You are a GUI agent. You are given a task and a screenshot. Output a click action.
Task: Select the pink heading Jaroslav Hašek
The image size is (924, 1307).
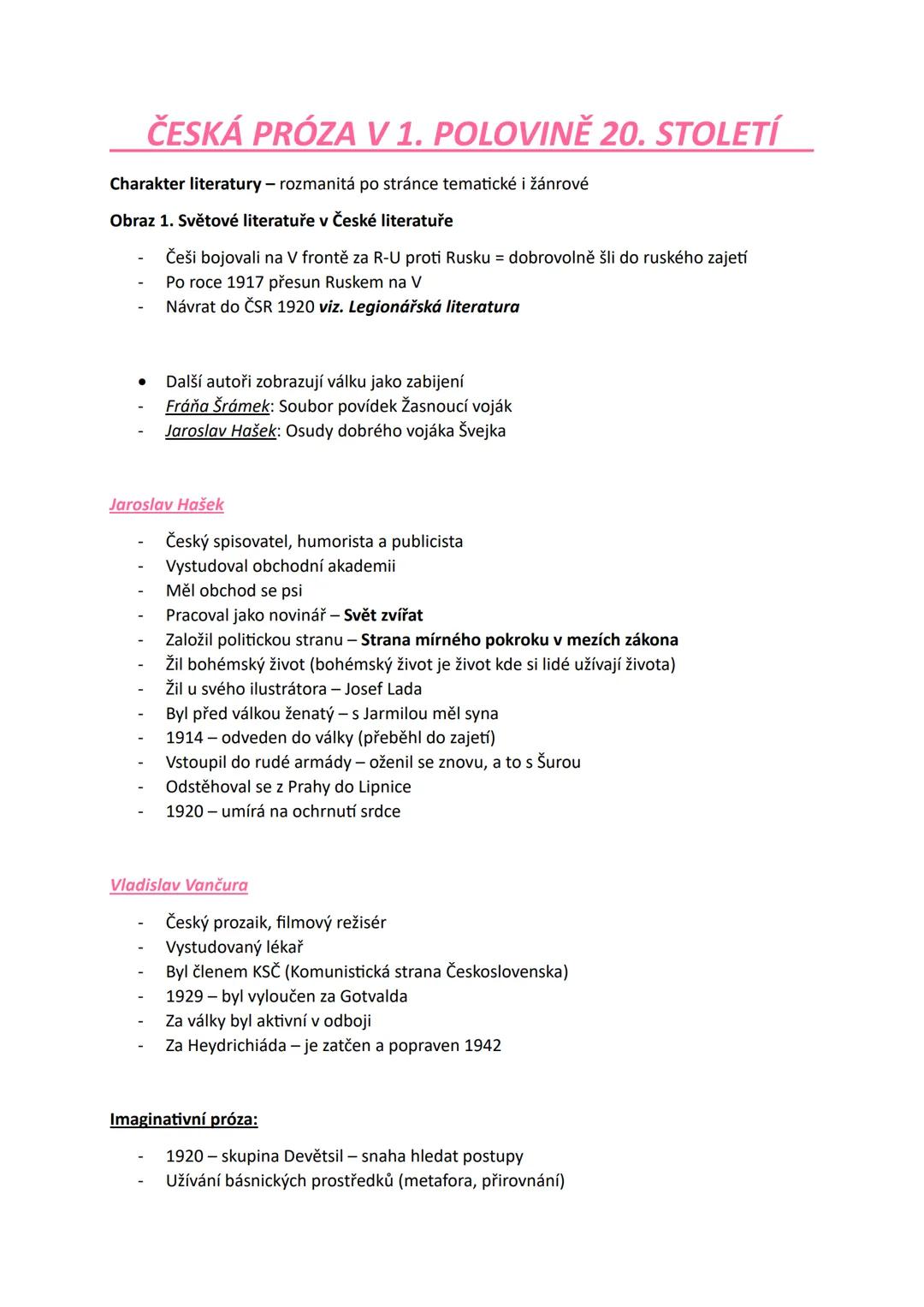tap(167, 504)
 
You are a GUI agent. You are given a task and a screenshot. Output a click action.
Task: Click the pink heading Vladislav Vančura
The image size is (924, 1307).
tap(179, 885)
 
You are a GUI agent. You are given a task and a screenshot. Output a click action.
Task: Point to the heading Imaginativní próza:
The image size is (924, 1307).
tap(184, 1119)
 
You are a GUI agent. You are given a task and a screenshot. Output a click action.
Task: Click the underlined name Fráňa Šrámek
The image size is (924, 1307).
tap(218, 406)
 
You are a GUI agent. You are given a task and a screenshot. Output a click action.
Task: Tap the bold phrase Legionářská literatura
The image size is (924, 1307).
tap(434, 306)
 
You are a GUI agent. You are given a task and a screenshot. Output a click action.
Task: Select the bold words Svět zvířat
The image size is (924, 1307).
tap(383, 615)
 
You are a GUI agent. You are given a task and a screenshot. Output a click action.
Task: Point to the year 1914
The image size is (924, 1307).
tap(185, 737)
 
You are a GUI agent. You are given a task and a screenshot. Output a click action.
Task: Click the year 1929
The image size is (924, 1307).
tap(185, 996)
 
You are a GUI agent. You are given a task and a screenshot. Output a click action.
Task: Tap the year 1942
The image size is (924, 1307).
tap(483, 1045)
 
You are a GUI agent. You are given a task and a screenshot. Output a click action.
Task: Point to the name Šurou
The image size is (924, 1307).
tap(559, 762)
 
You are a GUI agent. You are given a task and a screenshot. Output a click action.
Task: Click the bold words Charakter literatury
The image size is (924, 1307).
tap(186, 184)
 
